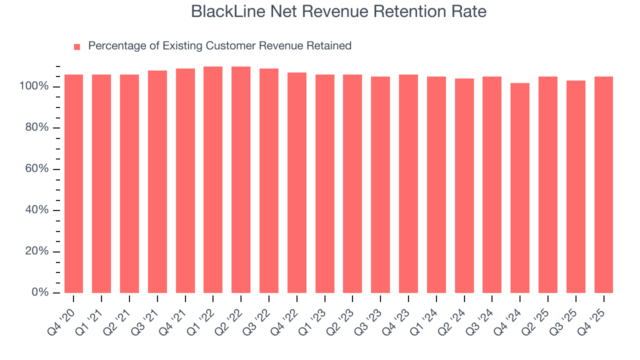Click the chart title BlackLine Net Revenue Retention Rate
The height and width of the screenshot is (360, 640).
pos(338,11)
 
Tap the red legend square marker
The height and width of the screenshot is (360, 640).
pos(77,47)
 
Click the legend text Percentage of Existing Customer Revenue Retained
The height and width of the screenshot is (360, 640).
pos(219,46)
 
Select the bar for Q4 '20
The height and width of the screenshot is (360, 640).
pos(73,183)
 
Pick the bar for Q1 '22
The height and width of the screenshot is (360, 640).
pos(213,179)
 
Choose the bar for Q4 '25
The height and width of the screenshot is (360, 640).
pos(603,184)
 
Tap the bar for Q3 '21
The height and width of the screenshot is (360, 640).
pos(157,181)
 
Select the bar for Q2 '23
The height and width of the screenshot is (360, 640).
pos(352,183)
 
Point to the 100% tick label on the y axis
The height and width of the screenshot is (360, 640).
pos(34,86)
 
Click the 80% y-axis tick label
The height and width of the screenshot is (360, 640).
pos(36,128)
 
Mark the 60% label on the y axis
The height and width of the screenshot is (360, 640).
pos(36,169)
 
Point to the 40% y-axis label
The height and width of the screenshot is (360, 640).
pos(36,210)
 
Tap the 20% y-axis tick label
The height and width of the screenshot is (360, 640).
pos(36,251)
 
